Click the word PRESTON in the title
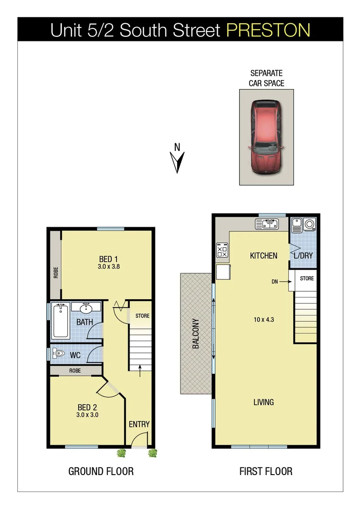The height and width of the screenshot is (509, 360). pos(268,30)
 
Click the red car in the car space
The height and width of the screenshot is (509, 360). pos(265,137)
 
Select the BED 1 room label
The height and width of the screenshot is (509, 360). pos(108,259)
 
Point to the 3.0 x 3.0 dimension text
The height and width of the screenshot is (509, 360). pos(87,415)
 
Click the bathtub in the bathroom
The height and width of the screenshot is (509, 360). pos(61,320)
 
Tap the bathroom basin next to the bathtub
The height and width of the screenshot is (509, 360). pos(86,309)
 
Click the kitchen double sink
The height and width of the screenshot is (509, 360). pos(267,223)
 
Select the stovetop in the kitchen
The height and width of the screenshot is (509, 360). pos(222,250)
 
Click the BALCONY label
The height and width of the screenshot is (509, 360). pos(196,333)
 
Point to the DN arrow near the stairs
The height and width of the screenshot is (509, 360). pos(283,281)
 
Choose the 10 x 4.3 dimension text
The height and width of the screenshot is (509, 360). pos(263,319)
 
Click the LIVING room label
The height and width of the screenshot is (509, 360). pos(263,402)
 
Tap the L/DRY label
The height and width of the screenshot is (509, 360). pos(303,255)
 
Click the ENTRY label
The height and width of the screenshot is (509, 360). pos(139,424)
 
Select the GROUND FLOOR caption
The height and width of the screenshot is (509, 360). pos(101,471)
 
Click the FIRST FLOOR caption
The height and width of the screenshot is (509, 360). pos(266,471)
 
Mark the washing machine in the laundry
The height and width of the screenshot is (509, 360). pos(310,224)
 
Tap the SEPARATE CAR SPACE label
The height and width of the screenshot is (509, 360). pos(266,78)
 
